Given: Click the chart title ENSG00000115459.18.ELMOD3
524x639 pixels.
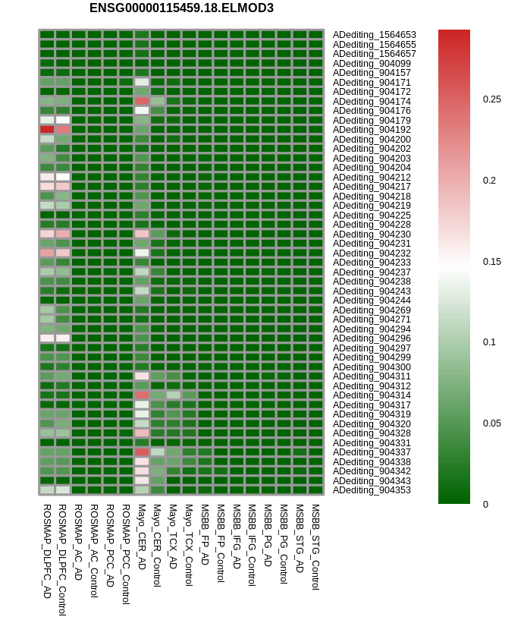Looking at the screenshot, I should [x=181, y=8].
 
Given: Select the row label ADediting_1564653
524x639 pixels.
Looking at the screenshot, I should [x=374, y=35].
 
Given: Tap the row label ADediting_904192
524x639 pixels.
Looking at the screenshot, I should [x=372, y=130].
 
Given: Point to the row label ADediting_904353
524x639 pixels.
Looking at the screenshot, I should [x=372, y=490].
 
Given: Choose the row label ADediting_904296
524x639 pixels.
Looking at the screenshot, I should [x=372, y=338].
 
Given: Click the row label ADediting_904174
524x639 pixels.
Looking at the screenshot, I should [x=372, y=101].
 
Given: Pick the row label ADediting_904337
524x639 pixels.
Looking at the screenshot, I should [x=372, y=452].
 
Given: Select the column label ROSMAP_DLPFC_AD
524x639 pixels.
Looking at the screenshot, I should [x=47, y=551].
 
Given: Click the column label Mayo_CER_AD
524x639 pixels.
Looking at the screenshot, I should [x=142, y=537].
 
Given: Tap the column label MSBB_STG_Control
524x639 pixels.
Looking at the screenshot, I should [x=315, y=546].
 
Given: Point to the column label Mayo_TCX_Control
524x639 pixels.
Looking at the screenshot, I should [x=189, y=545].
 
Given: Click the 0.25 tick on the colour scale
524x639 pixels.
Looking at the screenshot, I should [x=491, y=99].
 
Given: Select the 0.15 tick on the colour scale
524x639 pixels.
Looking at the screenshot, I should [x=491, y=261].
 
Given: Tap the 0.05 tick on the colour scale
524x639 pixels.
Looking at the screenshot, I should [x=491, y=423].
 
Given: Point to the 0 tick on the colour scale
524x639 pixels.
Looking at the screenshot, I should [x=486, y=504].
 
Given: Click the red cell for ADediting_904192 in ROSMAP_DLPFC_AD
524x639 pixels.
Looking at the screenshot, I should [x=47, y=130].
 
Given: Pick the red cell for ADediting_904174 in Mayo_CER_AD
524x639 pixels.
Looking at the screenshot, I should [x=142, y=101].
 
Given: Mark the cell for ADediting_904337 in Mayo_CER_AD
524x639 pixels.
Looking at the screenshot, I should [x=142, y=452].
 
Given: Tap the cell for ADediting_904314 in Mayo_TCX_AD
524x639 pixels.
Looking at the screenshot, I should [x=173, y=395].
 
